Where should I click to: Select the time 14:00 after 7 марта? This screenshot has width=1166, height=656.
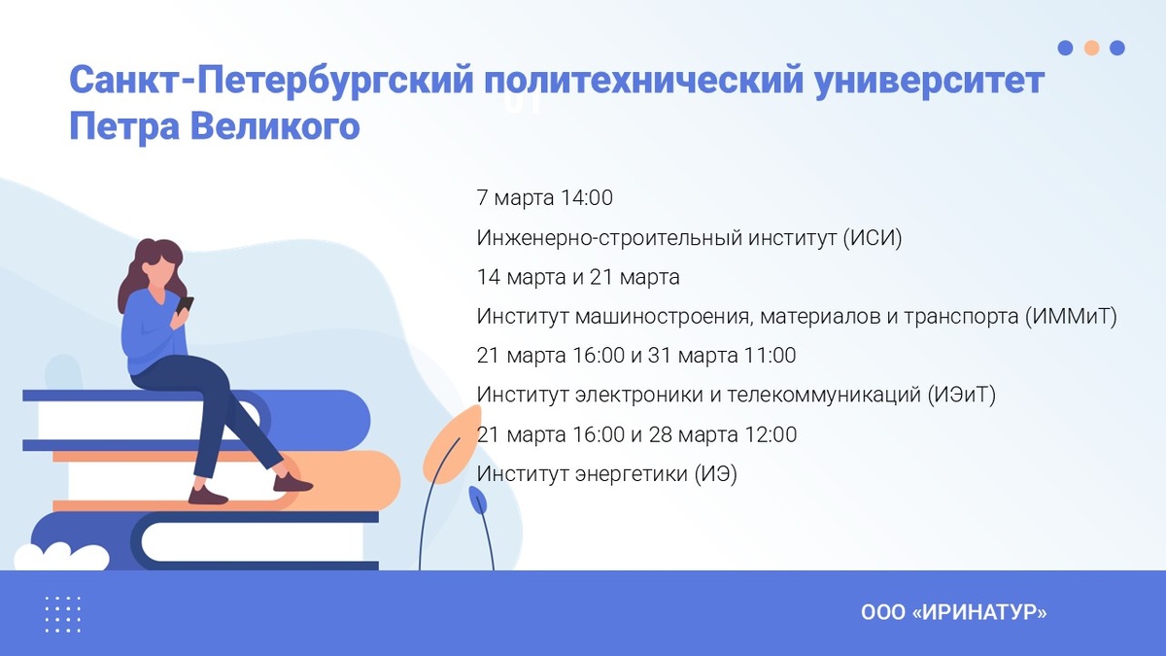click(587, 198)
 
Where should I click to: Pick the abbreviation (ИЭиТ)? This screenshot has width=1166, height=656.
click(962, 396)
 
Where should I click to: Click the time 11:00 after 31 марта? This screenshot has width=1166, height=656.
click(769, 357)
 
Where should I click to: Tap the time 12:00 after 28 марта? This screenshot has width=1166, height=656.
click(769, 435)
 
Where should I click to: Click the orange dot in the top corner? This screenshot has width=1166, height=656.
click(1091, 48)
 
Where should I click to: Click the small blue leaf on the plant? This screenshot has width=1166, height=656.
click(478, 501)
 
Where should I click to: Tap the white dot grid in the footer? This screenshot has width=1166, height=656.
click(63, 614)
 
